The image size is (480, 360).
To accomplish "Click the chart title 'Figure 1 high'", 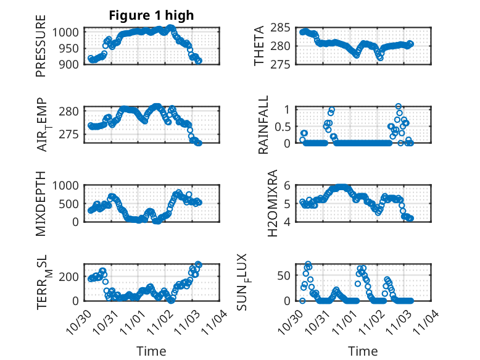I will click(x=151, y=15).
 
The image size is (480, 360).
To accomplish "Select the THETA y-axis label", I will click(x=260, y=46).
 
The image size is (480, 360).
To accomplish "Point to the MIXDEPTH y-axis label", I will click(x=41, y=203).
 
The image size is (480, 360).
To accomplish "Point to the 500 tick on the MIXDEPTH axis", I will click(x=69, y=203).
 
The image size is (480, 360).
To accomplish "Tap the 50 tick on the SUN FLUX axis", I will click(x=284, y=275).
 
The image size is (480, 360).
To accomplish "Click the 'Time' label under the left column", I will click(x=151, y=351).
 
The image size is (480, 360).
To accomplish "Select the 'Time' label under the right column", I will click(x=363, y=351).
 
